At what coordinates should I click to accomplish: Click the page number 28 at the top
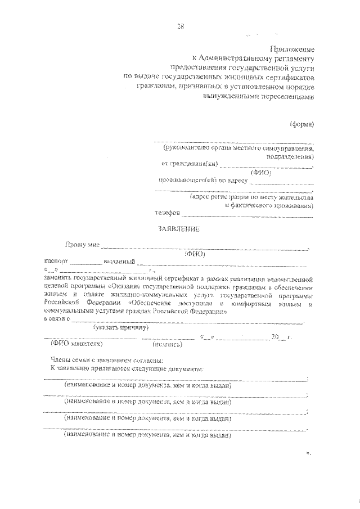click(x=180, y=26)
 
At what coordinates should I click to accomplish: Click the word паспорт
click(x=56, y=262)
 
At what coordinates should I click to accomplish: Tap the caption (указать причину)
click(x=121, y=327)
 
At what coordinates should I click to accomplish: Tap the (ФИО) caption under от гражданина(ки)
click(x=262, y=173)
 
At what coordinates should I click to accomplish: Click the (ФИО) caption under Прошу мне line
click(x=195, y=254)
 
